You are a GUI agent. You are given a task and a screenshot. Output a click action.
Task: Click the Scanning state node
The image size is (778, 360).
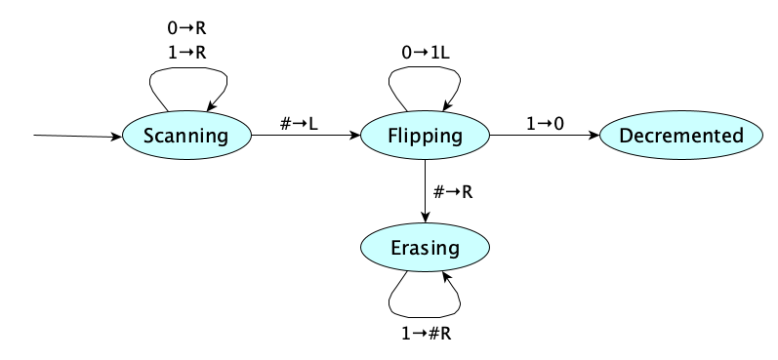tap(185, 137)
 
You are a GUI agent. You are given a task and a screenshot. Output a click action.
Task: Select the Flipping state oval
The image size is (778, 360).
tap(425, 137)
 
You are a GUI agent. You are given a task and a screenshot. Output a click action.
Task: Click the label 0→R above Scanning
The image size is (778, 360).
tap(186, 28)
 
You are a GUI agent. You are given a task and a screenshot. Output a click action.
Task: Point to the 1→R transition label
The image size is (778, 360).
tap(186, 51)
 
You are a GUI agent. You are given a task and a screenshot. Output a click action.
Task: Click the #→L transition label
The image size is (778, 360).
tap(300, 123)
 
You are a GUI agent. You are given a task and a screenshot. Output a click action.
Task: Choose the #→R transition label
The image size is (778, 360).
tap(453, 191)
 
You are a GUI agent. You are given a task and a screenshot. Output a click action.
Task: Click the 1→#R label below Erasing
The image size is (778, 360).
tap(426, 333)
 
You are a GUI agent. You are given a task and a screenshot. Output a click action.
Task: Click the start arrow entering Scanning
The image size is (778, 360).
tap(78, 137)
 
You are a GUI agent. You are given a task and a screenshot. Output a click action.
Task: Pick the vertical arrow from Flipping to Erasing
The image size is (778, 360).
tap(426, 190)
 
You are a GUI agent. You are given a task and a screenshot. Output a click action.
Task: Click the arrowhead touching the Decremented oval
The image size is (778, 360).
tap(593, 137)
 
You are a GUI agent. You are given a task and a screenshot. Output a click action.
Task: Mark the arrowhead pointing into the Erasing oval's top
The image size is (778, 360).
tap(426, 219)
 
